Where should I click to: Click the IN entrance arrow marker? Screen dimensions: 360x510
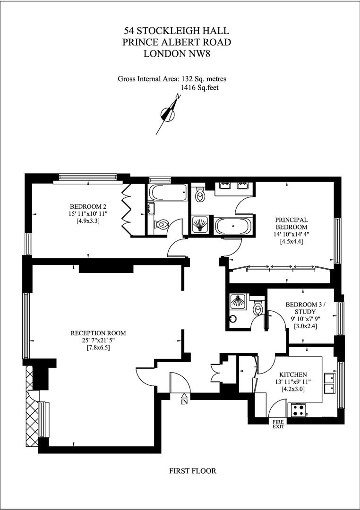click(x=184, y=399)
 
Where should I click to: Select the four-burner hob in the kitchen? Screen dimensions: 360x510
click(x=298, y=409)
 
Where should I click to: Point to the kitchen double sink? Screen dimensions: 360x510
click(x=329, y=383)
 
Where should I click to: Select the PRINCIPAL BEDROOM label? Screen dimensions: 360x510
click(x=292, y=223)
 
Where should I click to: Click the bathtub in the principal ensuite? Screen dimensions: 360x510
click(x=233, y=225)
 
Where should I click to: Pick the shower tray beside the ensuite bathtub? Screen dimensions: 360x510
click(x=202, y=225)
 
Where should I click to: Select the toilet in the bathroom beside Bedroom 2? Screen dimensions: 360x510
click(x=163, y=224)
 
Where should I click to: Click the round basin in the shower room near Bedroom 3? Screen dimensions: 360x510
click(x=232, y=318)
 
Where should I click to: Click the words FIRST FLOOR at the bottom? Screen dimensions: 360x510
click(x=192, y=471)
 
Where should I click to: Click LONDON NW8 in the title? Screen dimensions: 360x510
click(x=176, y=53)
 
